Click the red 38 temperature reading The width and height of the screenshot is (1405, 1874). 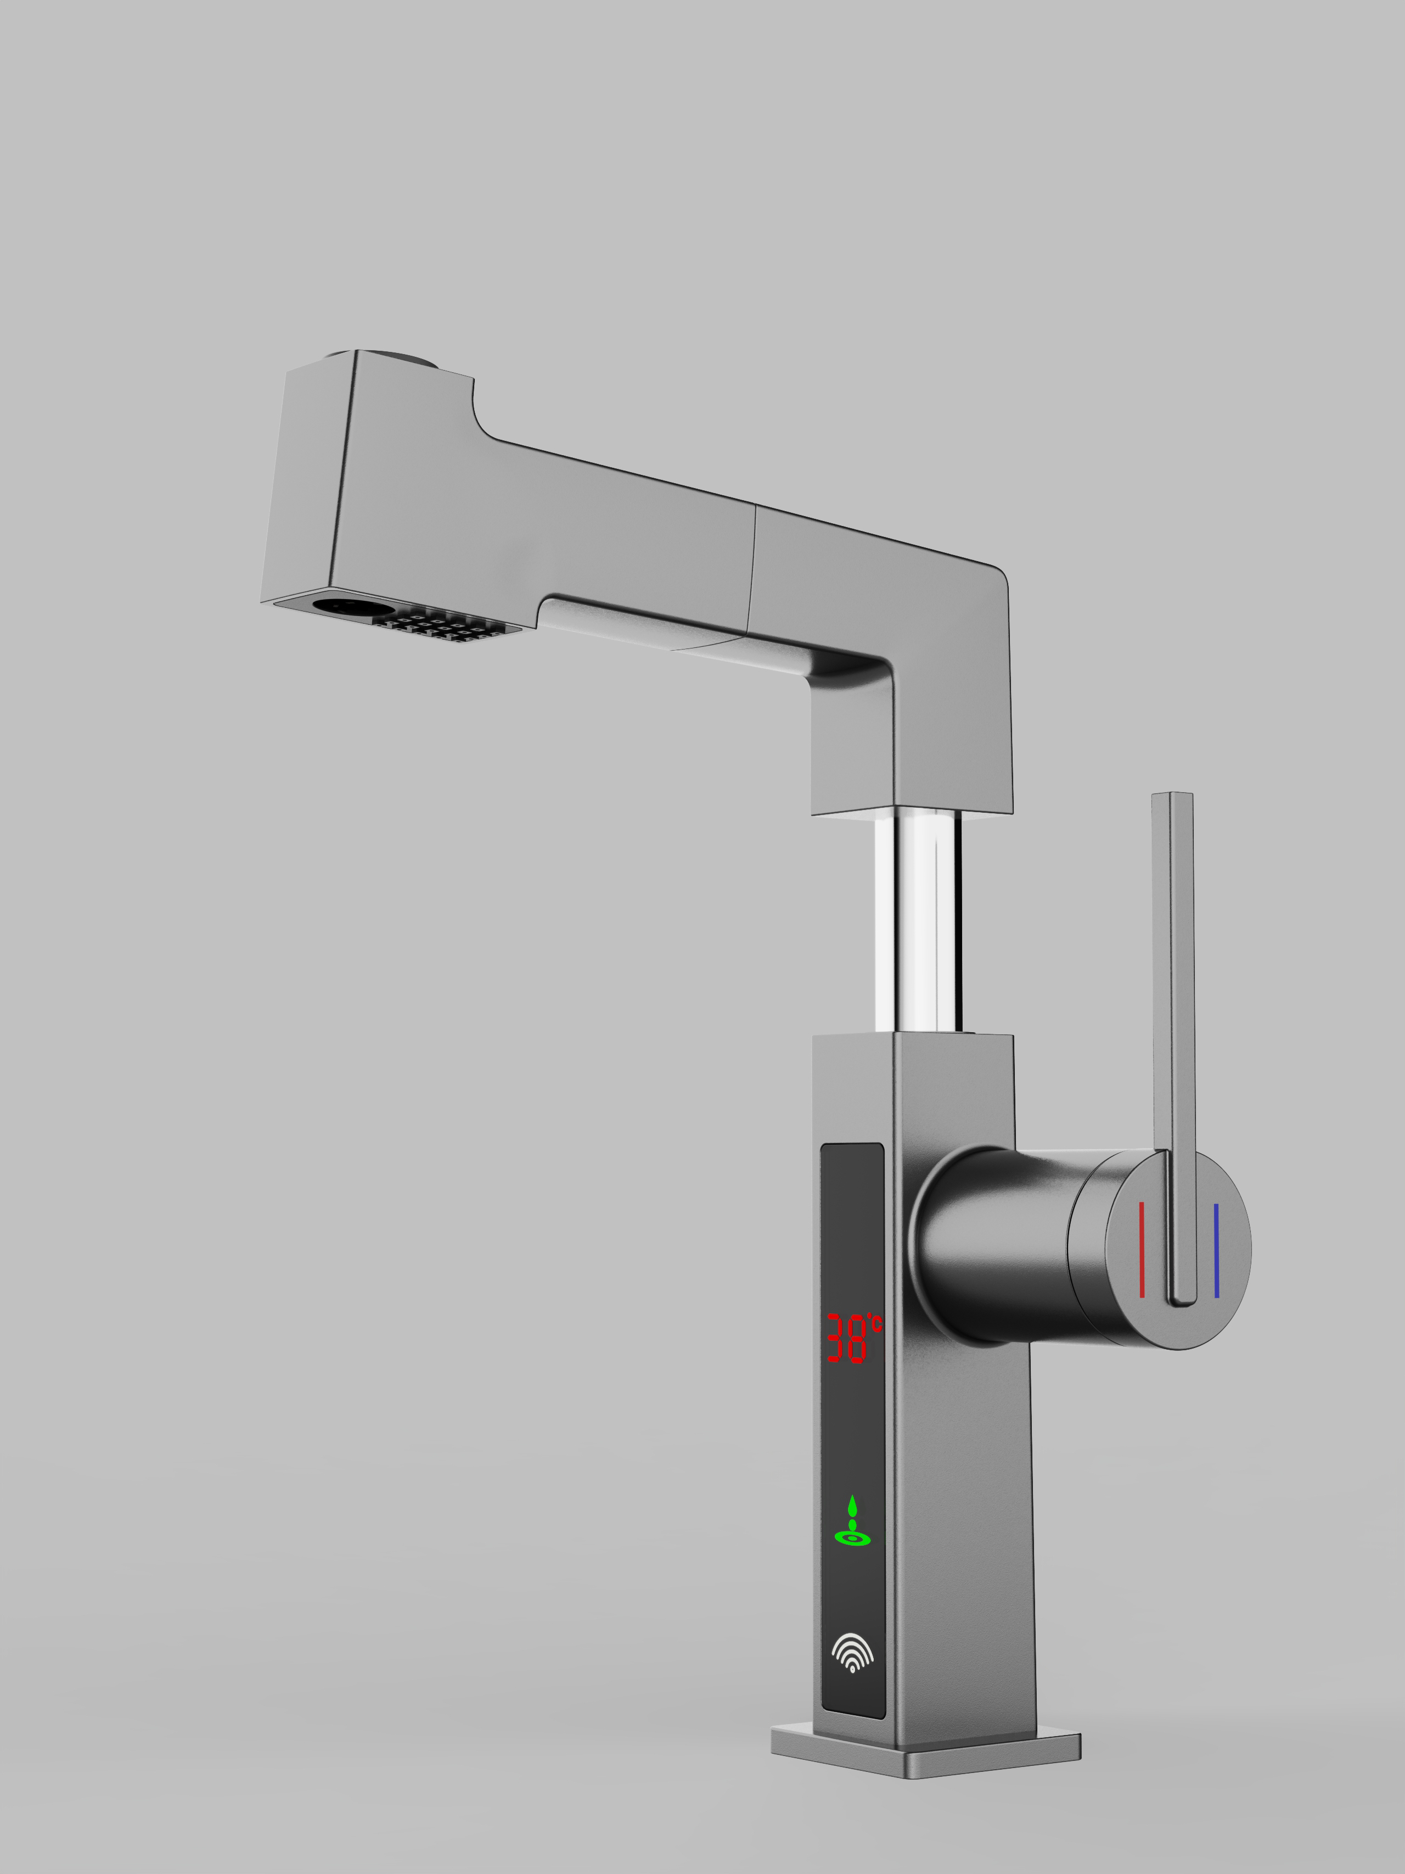click(846, 1338)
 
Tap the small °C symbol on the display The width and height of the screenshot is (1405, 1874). click(876, 1323)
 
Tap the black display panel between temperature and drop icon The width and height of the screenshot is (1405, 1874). click(852, 1432)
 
